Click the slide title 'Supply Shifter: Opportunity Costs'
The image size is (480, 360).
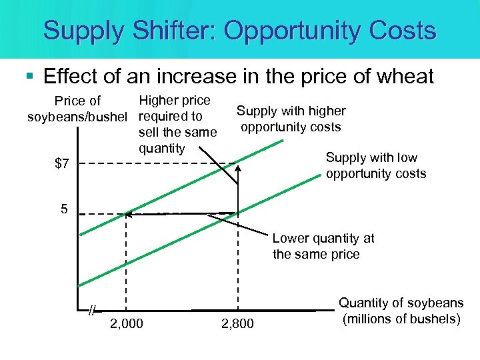tap(240, 30)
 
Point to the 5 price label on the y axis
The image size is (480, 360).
tap(64, 209)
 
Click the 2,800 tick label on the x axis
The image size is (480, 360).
tap(237, 324)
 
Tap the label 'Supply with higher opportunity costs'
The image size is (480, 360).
tap(291, 119)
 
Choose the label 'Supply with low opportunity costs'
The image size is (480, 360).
tap(375, 165)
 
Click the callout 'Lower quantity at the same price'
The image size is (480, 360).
tap(323, 246)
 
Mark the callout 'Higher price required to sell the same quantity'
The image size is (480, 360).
tap(177, 124)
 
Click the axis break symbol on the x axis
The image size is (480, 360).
tap(93, 310)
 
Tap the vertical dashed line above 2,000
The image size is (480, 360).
tap(127, 267)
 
